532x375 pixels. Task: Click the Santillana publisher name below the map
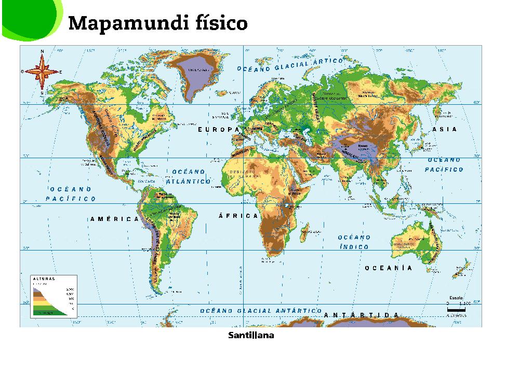pyautogui.click(x=251, y=336)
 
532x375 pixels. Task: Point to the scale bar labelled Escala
pyautogui.click(x=458, y=306)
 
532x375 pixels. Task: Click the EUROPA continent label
pyautogui.click(x=221, y=130)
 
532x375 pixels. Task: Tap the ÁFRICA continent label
pyautogui.click(x=238, y=216)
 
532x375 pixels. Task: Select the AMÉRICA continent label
pyautogui.click(x=114, y=219)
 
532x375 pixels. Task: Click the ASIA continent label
pyautogui.click(x=445, y=129)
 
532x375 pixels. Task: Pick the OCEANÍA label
pyautogui.click(x=388, y=268)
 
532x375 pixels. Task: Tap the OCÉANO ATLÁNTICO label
pyautogui.click(x=188, y=176)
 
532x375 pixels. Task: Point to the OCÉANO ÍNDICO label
pyautogui.click(x=355, y=242)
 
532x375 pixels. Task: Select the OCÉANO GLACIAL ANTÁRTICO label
pyautogui.click(x=258, y=311)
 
